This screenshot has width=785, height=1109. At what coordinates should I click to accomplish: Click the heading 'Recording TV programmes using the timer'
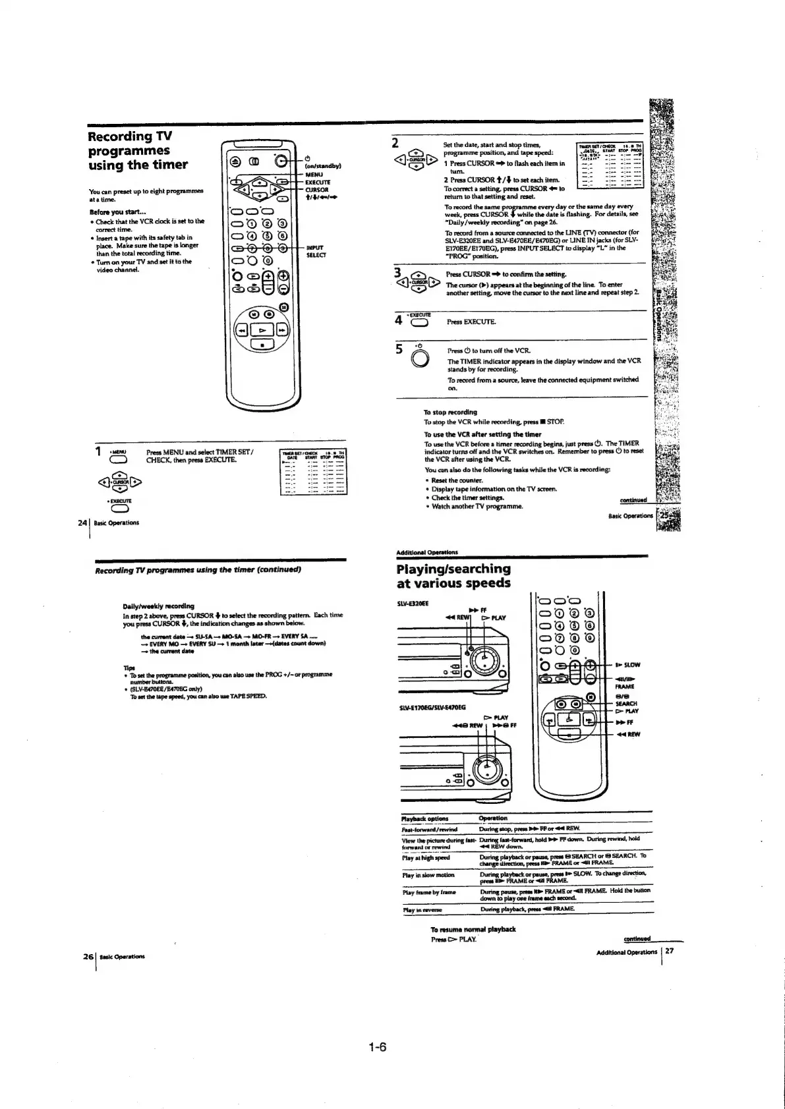pyautogui.click(x=138, y=150)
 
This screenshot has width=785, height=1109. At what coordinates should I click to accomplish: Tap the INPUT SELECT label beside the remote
pyautogui.click(x=316, y=251)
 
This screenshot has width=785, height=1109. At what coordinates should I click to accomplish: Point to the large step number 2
pyautogui.click(x=395, y=143)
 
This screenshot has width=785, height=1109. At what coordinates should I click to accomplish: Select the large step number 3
pyautogui.click(x=397, y=272)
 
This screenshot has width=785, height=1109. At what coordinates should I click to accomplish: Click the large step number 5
pyautogui.click(x=399, y=349)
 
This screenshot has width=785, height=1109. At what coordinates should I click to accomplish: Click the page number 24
pyautogui.click(x=82, y=523)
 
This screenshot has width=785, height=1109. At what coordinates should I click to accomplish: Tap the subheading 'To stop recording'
pyautogui.click(x=450, y=412)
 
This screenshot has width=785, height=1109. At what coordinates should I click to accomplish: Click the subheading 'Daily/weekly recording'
pyautogui.click(x=158, y=606)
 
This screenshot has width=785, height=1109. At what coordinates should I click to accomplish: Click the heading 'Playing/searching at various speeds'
pyautogui.click(x=453, y=575)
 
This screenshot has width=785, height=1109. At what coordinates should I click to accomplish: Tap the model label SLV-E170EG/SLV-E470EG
pyautogui.click(x=432, y=708)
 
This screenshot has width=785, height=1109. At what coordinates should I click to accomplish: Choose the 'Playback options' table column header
pyautogui.click(x=425, y=818)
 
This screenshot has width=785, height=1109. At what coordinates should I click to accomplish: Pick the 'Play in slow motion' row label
pyautogui.click(x=428, y=875)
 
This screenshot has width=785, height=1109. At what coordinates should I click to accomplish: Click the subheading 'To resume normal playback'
pyautogui.click(x=473, y=929)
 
